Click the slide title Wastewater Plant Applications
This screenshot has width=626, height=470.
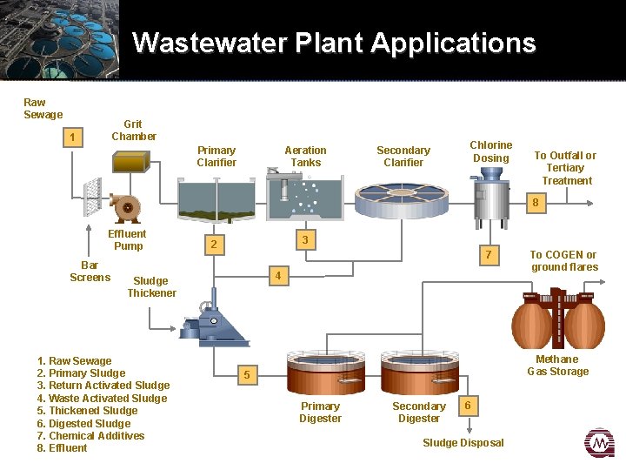click(x=334, y=43)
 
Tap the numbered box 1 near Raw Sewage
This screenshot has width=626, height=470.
click(x=75, y=138)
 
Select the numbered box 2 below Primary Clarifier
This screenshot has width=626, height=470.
click(x=214, y=245)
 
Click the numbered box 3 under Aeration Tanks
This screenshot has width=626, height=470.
click(x=305, y=239)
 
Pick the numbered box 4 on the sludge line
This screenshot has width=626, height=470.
click(x=276, y=276)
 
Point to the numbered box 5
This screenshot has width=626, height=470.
click(x=246, y=375)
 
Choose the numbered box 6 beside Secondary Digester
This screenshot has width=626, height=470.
click(x=469, y=406)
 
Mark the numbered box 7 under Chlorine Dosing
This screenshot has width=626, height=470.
click(x=489, y=255)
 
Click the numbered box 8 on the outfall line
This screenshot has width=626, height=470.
click(x=536, y=203)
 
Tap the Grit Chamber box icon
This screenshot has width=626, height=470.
click(x=130, y=162)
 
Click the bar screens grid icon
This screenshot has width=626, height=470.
click(x=88, y=202)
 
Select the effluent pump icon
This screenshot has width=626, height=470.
click(x=125, y=207)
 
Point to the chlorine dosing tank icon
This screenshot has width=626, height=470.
click(x=491, y=195)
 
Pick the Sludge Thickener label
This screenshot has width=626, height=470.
click(x=151, y=286)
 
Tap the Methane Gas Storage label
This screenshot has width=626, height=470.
click(x=557, y=366)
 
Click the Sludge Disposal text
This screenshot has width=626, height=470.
click(x=463, y=443)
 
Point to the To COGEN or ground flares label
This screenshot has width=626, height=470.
click(x=564, y=261)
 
